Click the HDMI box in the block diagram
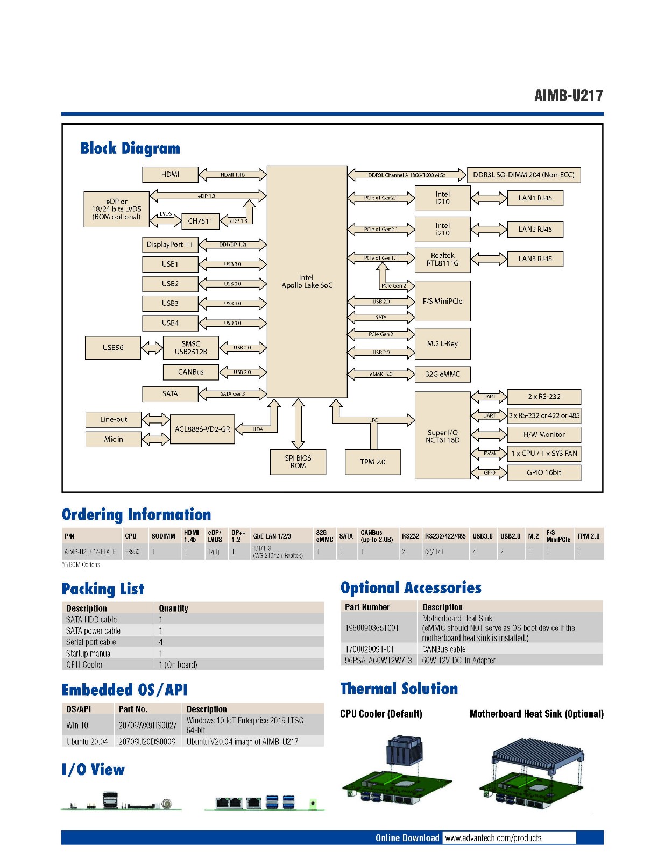coord(170,174)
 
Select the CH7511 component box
coord(200,221)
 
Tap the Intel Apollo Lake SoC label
coord(307,282)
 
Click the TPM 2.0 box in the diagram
coord(373,462)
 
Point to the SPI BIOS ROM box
coord(298,462)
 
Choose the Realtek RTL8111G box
coord(442,260)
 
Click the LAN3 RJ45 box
coord(535,259)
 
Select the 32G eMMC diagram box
coord(442,374)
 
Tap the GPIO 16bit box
coord(543,472)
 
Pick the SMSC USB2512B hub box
coord(191,348)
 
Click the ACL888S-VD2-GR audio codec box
coord(202,429)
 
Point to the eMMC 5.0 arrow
coord(381,374)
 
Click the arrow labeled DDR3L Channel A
coord(406,175)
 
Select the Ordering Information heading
coord(136,514)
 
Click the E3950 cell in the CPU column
coord(132,551)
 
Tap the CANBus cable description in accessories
coord(444,649)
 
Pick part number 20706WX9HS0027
coord(147,725)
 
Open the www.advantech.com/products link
coord(493,838)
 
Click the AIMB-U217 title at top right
coord(568,96)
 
